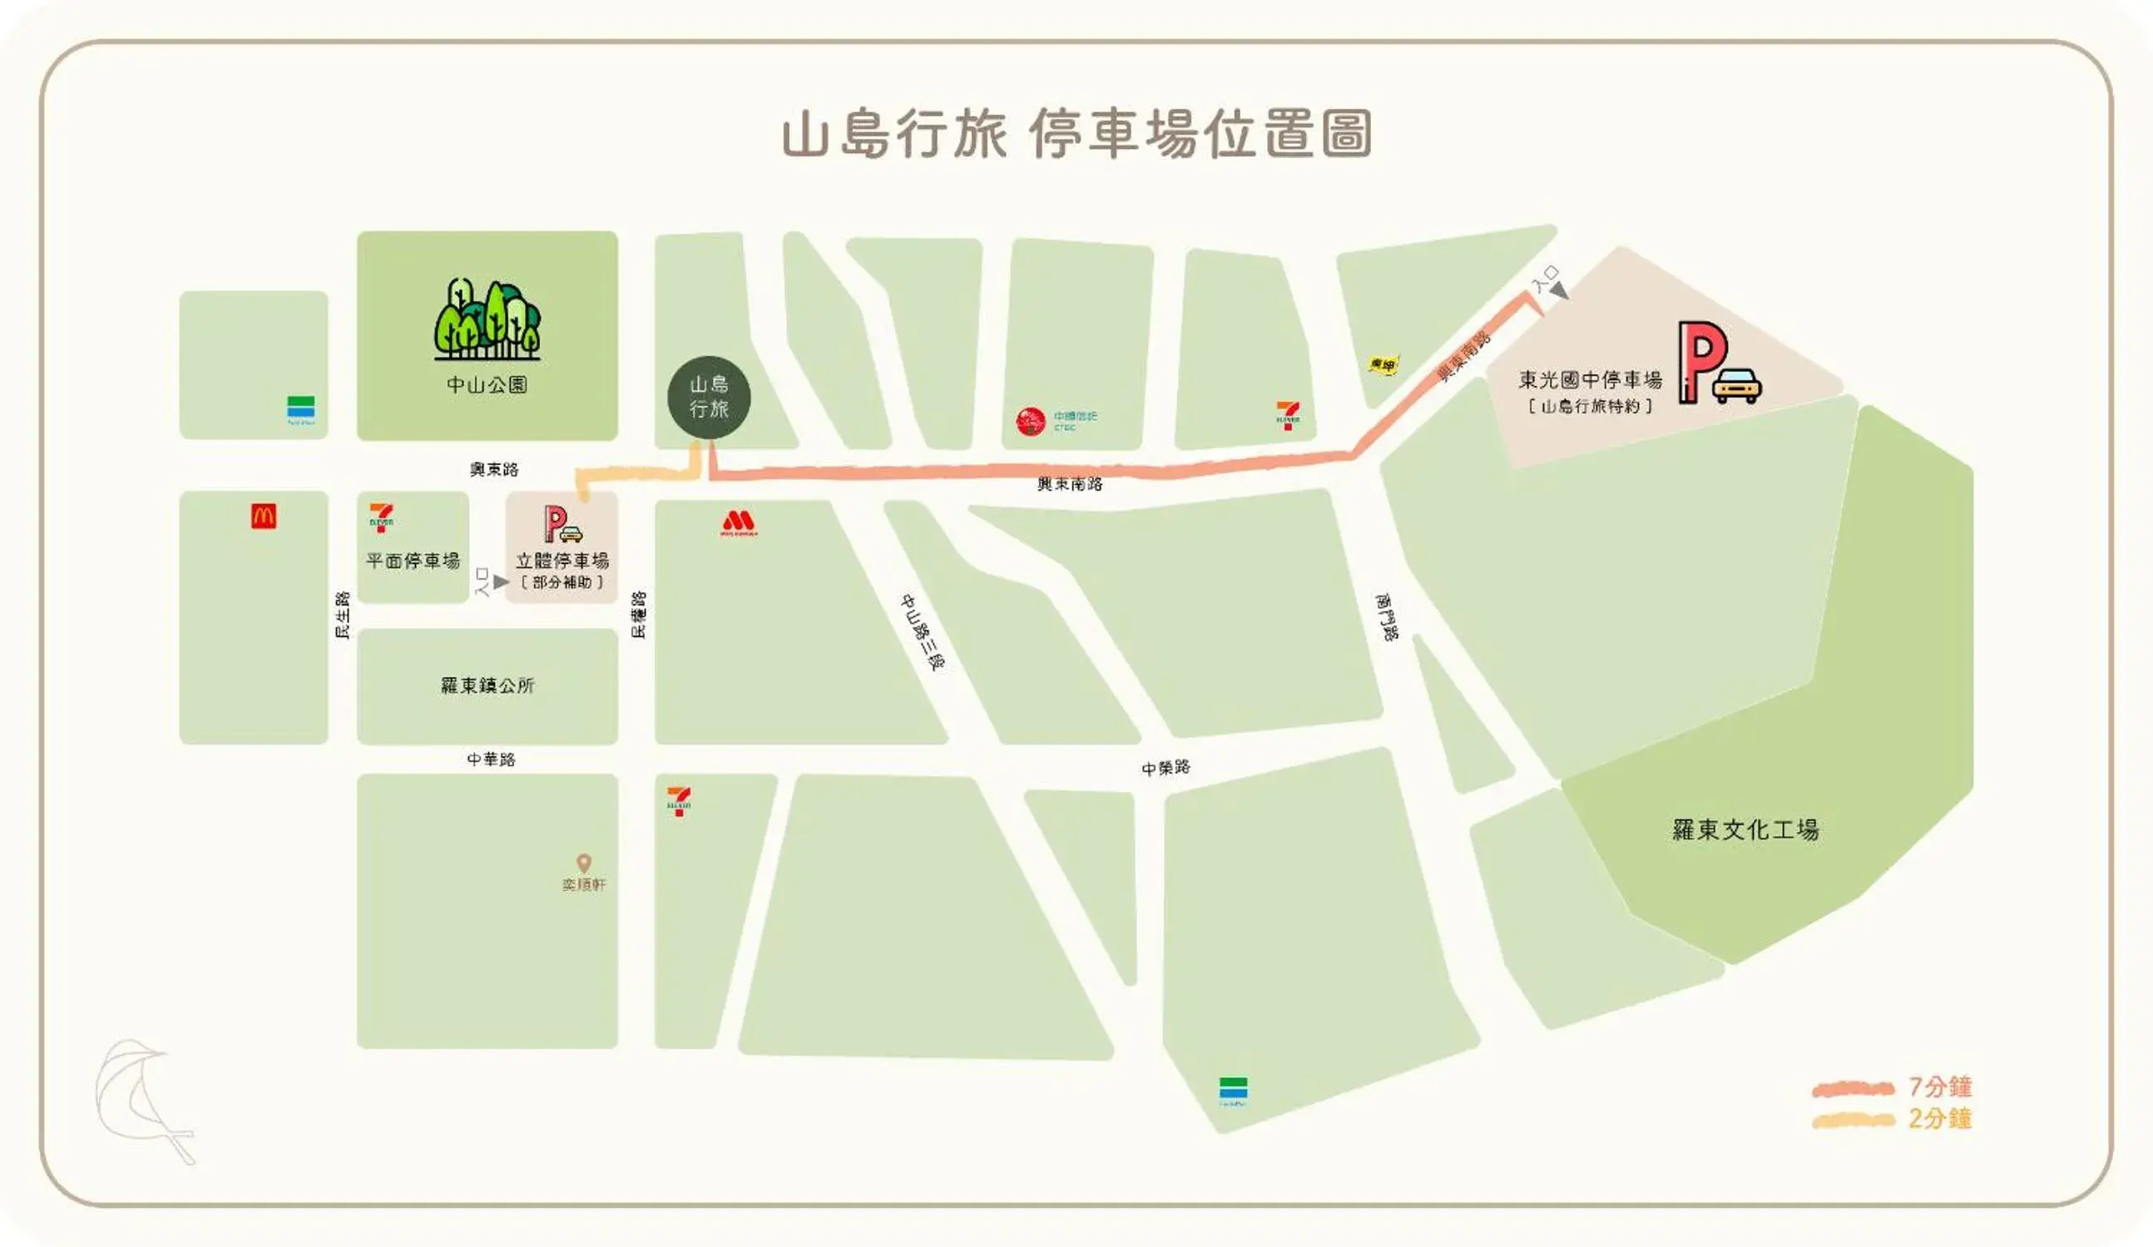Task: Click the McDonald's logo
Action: coord(263,516)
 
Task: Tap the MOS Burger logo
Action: coord(738,522)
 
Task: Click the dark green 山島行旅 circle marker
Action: coord(708,398)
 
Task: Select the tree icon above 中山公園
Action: coord(487,319)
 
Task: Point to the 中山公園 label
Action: coord(487,384)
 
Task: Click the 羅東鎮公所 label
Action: coord(487,685)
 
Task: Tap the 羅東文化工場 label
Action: coord(1745,829)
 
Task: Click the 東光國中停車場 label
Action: coord(1590,380)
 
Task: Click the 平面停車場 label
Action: coord(413,561)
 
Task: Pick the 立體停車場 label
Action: coord(562,561)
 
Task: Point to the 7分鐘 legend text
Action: coord(1940,1086)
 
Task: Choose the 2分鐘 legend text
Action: coord(1940,1118)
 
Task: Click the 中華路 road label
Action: coord(492,760)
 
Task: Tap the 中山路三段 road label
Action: coord(923,632)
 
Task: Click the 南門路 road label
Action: coord(1386,616)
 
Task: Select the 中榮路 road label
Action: coord(1166,768)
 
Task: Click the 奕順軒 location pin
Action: coord(583,863)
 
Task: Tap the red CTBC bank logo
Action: coord(1031,421)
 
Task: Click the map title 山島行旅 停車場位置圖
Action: coord(1076,135)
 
